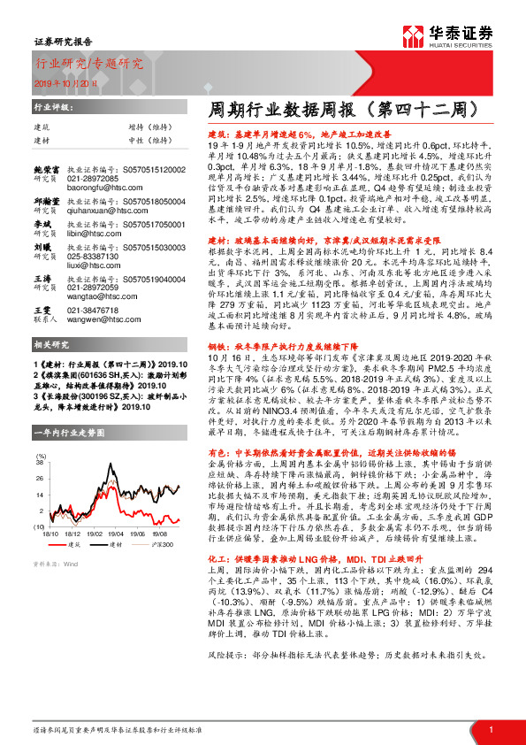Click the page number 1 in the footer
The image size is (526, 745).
(x=490, y=728)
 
